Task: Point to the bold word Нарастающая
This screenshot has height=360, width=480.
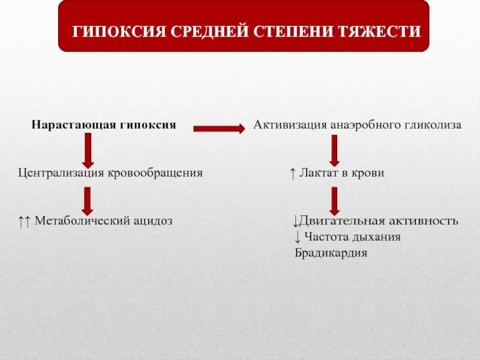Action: (x=65, y=125)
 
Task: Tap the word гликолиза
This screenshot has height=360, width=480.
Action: (x=434, y=125)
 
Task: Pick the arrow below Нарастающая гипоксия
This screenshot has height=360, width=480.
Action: (x=88, y=150)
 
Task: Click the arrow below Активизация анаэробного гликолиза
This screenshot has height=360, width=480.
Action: (x=334, y=150)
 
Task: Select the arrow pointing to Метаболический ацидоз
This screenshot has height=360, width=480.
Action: (x=88, y=201)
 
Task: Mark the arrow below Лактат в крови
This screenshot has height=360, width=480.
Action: (x=334, y=201)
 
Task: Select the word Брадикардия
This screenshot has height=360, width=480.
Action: (x=331, y=253)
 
